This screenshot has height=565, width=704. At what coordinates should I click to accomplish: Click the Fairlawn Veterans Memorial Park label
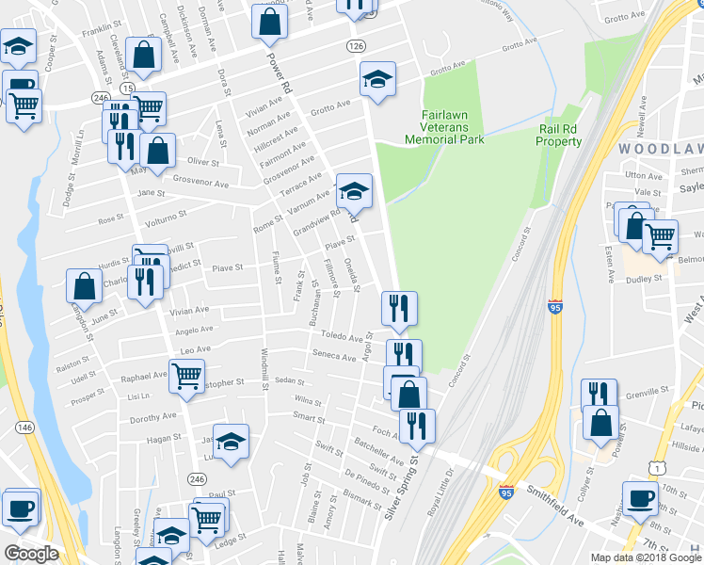[x=443, y=127]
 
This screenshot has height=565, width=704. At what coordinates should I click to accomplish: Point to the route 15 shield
[x=126, y=87]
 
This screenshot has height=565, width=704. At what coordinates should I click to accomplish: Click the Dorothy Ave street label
[x=153, y=416]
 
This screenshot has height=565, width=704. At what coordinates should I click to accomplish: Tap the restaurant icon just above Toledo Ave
[x=399, y=308]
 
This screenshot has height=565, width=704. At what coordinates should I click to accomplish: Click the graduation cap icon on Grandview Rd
[x=354, y=191]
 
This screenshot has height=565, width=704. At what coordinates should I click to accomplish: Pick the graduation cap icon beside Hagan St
[x=230, y=441]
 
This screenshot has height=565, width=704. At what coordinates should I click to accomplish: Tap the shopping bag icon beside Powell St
[x=600, y=423]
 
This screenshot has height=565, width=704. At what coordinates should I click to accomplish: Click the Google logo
[x=31, y=554]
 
